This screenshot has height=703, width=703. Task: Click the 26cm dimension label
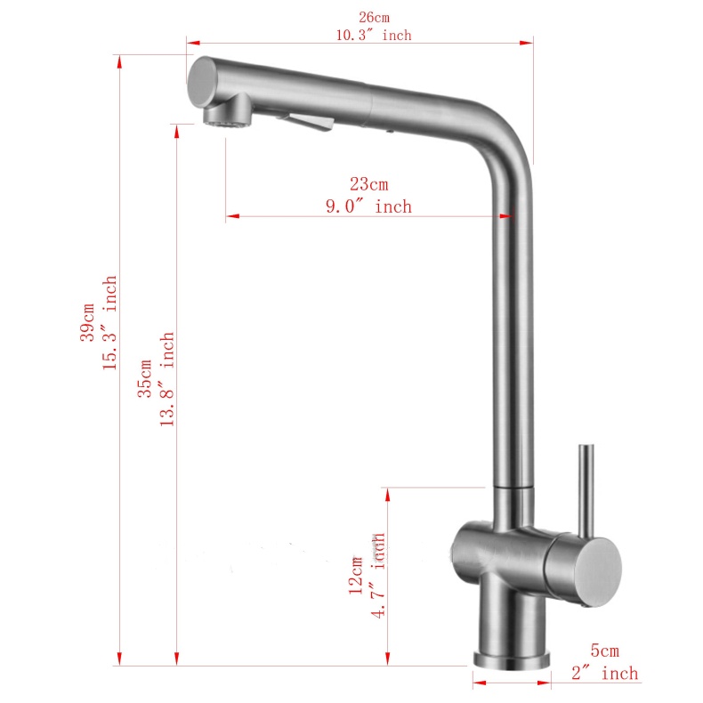pyautogui.click(x=374, y=17)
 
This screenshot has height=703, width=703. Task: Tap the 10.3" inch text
pyautogui.click(x=374, y=36)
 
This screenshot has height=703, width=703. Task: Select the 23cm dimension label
pyautogui.click(x=368, y=185)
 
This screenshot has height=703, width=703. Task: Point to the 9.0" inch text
pyautogui.click(x=368, y=206)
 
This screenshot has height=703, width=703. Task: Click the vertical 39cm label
pyautogui.click(x=87, y=320)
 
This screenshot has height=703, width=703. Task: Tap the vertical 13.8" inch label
pyautogui.click(x=166, y=380)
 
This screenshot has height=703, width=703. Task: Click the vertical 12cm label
pyautogui.click(x=357, y=574)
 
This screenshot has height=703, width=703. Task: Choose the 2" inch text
pyautogui.click(x=605, y=674)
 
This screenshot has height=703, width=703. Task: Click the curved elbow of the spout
pyautogui.click(x=498, y=125)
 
